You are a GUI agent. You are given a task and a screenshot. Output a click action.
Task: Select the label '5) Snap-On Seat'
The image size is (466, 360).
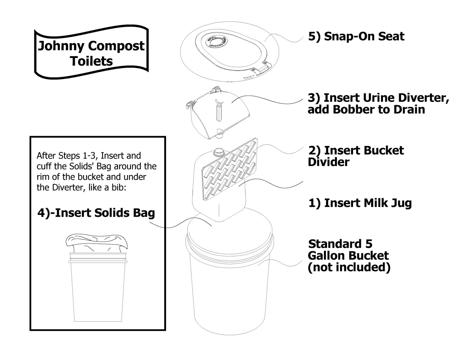(x=356, y=37)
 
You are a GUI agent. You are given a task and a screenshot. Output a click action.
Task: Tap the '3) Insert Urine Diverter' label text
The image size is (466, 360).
(x=378, y=98)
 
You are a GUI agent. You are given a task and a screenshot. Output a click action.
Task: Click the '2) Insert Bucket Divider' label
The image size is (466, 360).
(x=356, y=156)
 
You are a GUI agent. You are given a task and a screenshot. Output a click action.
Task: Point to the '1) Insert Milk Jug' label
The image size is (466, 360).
(x=360, y=203)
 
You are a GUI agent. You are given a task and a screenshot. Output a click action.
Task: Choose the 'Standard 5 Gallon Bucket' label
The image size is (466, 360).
(x=349, y=255)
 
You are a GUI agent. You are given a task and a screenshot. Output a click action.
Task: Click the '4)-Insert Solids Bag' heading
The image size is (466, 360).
(x=96, y=213)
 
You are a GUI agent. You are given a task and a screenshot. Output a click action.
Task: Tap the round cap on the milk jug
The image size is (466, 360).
(x=219, y=152)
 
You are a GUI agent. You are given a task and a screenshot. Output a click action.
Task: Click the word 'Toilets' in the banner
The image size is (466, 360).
(x=91, y=61)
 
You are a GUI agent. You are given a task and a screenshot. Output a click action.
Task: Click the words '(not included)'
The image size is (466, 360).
(x=349, y=267)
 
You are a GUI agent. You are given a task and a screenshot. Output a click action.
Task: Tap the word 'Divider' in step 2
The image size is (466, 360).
(x=328, y=162)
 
